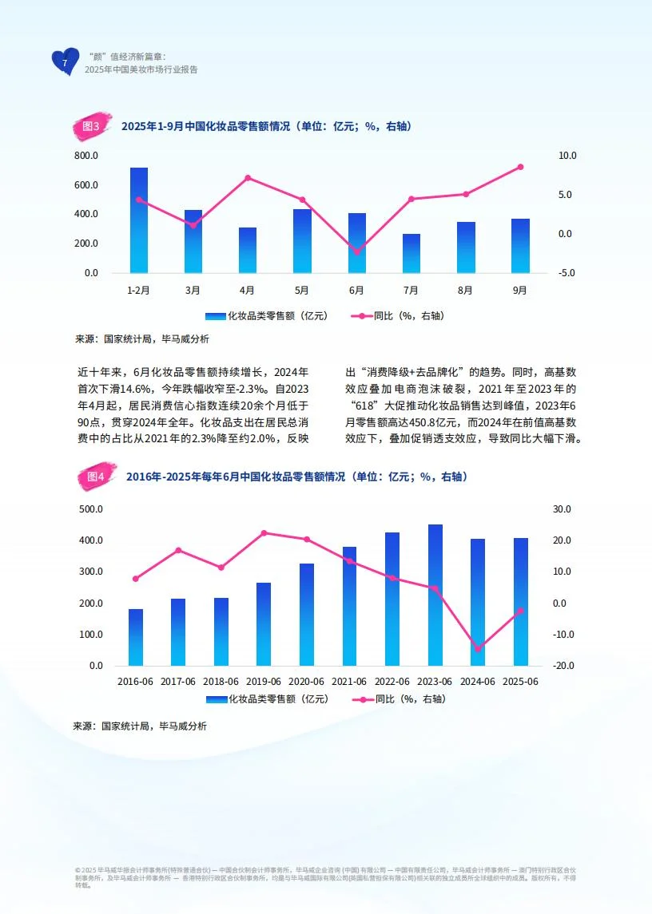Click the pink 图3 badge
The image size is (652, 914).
90,126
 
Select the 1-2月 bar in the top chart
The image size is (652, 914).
139,220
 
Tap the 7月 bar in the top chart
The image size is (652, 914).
411,253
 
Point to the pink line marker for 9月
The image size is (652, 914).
520,167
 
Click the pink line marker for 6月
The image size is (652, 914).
356,252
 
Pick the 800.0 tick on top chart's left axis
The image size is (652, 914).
87,156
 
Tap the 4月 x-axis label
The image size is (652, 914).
248,290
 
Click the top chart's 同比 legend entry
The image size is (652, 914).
397,316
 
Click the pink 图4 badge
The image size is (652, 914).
95,477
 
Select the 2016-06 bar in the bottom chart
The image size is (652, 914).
136,637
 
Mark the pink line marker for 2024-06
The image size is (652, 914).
478,649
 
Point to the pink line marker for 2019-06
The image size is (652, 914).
264,533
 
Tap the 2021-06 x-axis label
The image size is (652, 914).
349,682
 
